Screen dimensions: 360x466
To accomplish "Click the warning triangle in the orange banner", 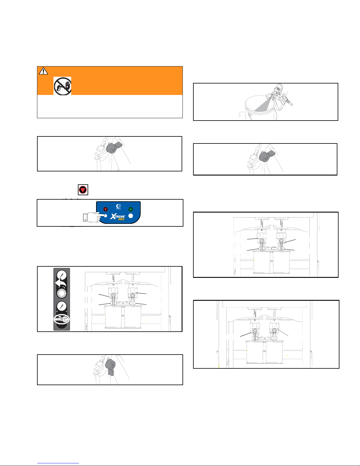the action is [43, 71].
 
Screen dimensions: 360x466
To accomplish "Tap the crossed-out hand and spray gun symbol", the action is [62, 86].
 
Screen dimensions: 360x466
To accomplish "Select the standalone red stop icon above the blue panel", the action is [83, 190].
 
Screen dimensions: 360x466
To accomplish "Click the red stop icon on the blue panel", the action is [106, 209].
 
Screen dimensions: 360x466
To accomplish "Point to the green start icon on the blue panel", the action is [130, 209].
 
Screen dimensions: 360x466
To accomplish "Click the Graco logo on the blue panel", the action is [118, 206].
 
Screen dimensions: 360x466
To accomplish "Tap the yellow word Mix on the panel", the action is [121, 219].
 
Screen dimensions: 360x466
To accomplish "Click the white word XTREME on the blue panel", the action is [118, 216].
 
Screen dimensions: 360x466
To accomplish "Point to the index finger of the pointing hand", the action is [100, 214].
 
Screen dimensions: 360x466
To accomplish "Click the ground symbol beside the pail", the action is [240, 116].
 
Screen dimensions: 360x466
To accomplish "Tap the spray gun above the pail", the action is [279, 96].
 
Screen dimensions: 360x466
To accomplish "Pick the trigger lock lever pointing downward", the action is [110, 368].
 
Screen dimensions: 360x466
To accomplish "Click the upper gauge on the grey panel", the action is [61, 275].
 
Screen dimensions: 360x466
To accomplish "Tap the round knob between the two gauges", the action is [62, 293].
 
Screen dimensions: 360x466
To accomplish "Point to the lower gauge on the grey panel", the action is [62, 306].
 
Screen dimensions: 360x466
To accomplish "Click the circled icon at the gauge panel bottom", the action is [61, 319].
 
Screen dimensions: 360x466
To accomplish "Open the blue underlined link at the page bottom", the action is [58, 463].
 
